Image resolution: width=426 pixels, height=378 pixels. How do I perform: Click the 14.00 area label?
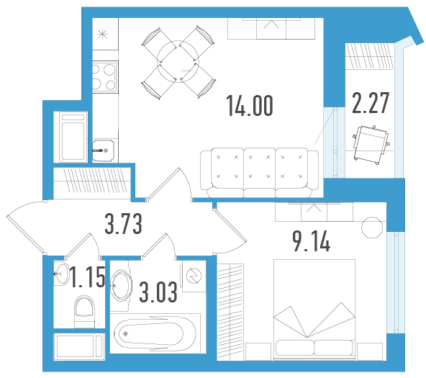point(250,106)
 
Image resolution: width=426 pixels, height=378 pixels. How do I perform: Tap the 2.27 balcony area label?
point(371,103)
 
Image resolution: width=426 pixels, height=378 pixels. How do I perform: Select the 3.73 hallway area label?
point(123,224)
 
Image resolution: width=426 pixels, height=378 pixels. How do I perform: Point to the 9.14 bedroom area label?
point(312,241)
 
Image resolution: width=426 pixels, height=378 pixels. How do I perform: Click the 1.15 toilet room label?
point(88,277)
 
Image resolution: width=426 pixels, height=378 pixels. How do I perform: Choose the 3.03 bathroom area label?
point(158,292)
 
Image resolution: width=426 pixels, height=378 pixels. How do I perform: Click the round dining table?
point(178,62)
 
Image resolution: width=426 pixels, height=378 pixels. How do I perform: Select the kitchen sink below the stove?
point(103,150)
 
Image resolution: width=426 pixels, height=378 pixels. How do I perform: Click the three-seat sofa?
point(259,172)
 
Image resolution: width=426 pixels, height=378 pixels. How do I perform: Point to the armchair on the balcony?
point(371,145)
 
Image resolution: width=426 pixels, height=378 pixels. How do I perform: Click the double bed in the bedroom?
point(314,310)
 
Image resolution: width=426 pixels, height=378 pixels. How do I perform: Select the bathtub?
point(155,333)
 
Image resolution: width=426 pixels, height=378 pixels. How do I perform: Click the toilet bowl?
point(84,312)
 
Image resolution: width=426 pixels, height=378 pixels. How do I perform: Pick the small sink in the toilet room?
point(61,274)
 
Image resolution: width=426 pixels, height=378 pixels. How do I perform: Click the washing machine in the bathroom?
point(194,276)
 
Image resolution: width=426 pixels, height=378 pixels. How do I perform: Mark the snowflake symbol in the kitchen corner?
point(103,34)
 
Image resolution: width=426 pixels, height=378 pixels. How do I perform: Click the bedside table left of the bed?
point(258,351)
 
